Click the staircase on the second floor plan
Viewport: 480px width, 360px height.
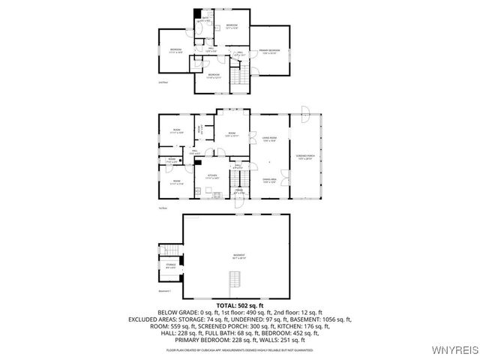click(239, 75)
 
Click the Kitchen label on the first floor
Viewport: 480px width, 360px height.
click(212, 176)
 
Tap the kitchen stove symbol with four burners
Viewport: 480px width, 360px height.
click(217, 196)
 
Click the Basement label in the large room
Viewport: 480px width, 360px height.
click(238, 256)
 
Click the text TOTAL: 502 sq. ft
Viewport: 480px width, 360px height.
click(239, 306)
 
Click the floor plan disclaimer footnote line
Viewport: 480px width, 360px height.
click(239, 349)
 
